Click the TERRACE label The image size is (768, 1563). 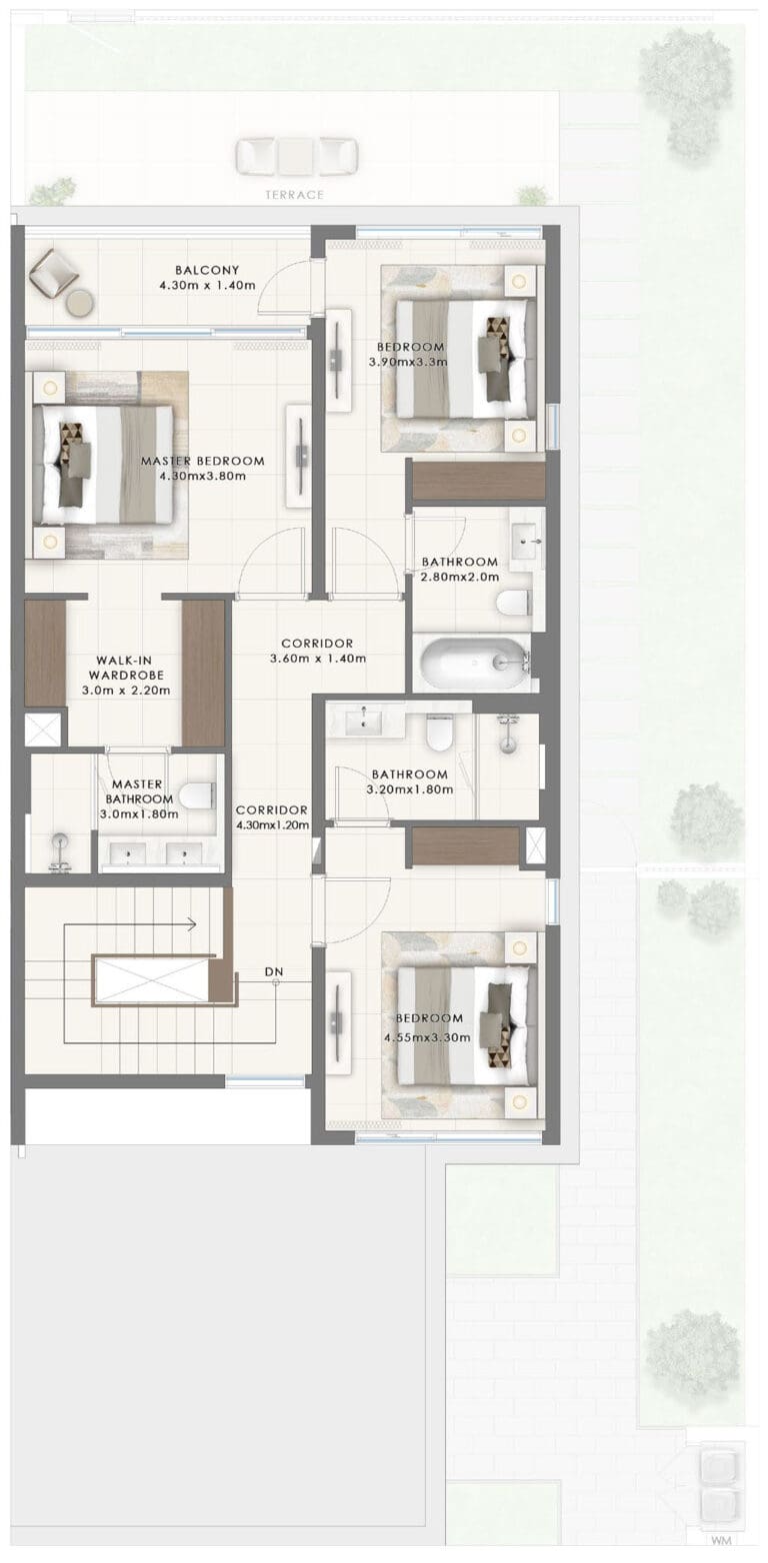tap(294, 195)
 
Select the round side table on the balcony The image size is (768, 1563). tap(80, 304)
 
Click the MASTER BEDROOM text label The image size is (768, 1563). tap(202, 461)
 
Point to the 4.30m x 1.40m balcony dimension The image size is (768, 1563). tap(207, 285)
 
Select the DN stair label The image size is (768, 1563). tap(274, 971)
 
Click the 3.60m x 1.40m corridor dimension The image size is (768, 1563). tap(318, 658)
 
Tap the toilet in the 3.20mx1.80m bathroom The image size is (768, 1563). tap(440, 735)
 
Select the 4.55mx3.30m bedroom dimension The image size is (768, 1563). tap(427, 1037)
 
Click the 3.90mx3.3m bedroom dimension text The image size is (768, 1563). tap(408, 362)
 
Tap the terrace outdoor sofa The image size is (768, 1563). tap(297, 156)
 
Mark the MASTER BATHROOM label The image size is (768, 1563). tap(138, 791)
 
